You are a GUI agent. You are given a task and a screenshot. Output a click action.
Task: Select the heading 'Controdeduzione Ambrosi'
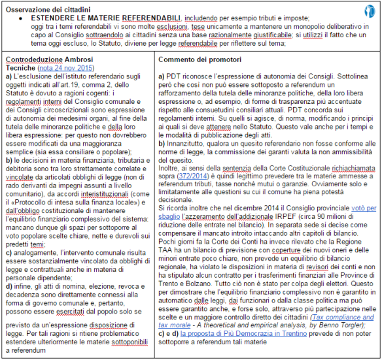pos(39,60)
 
